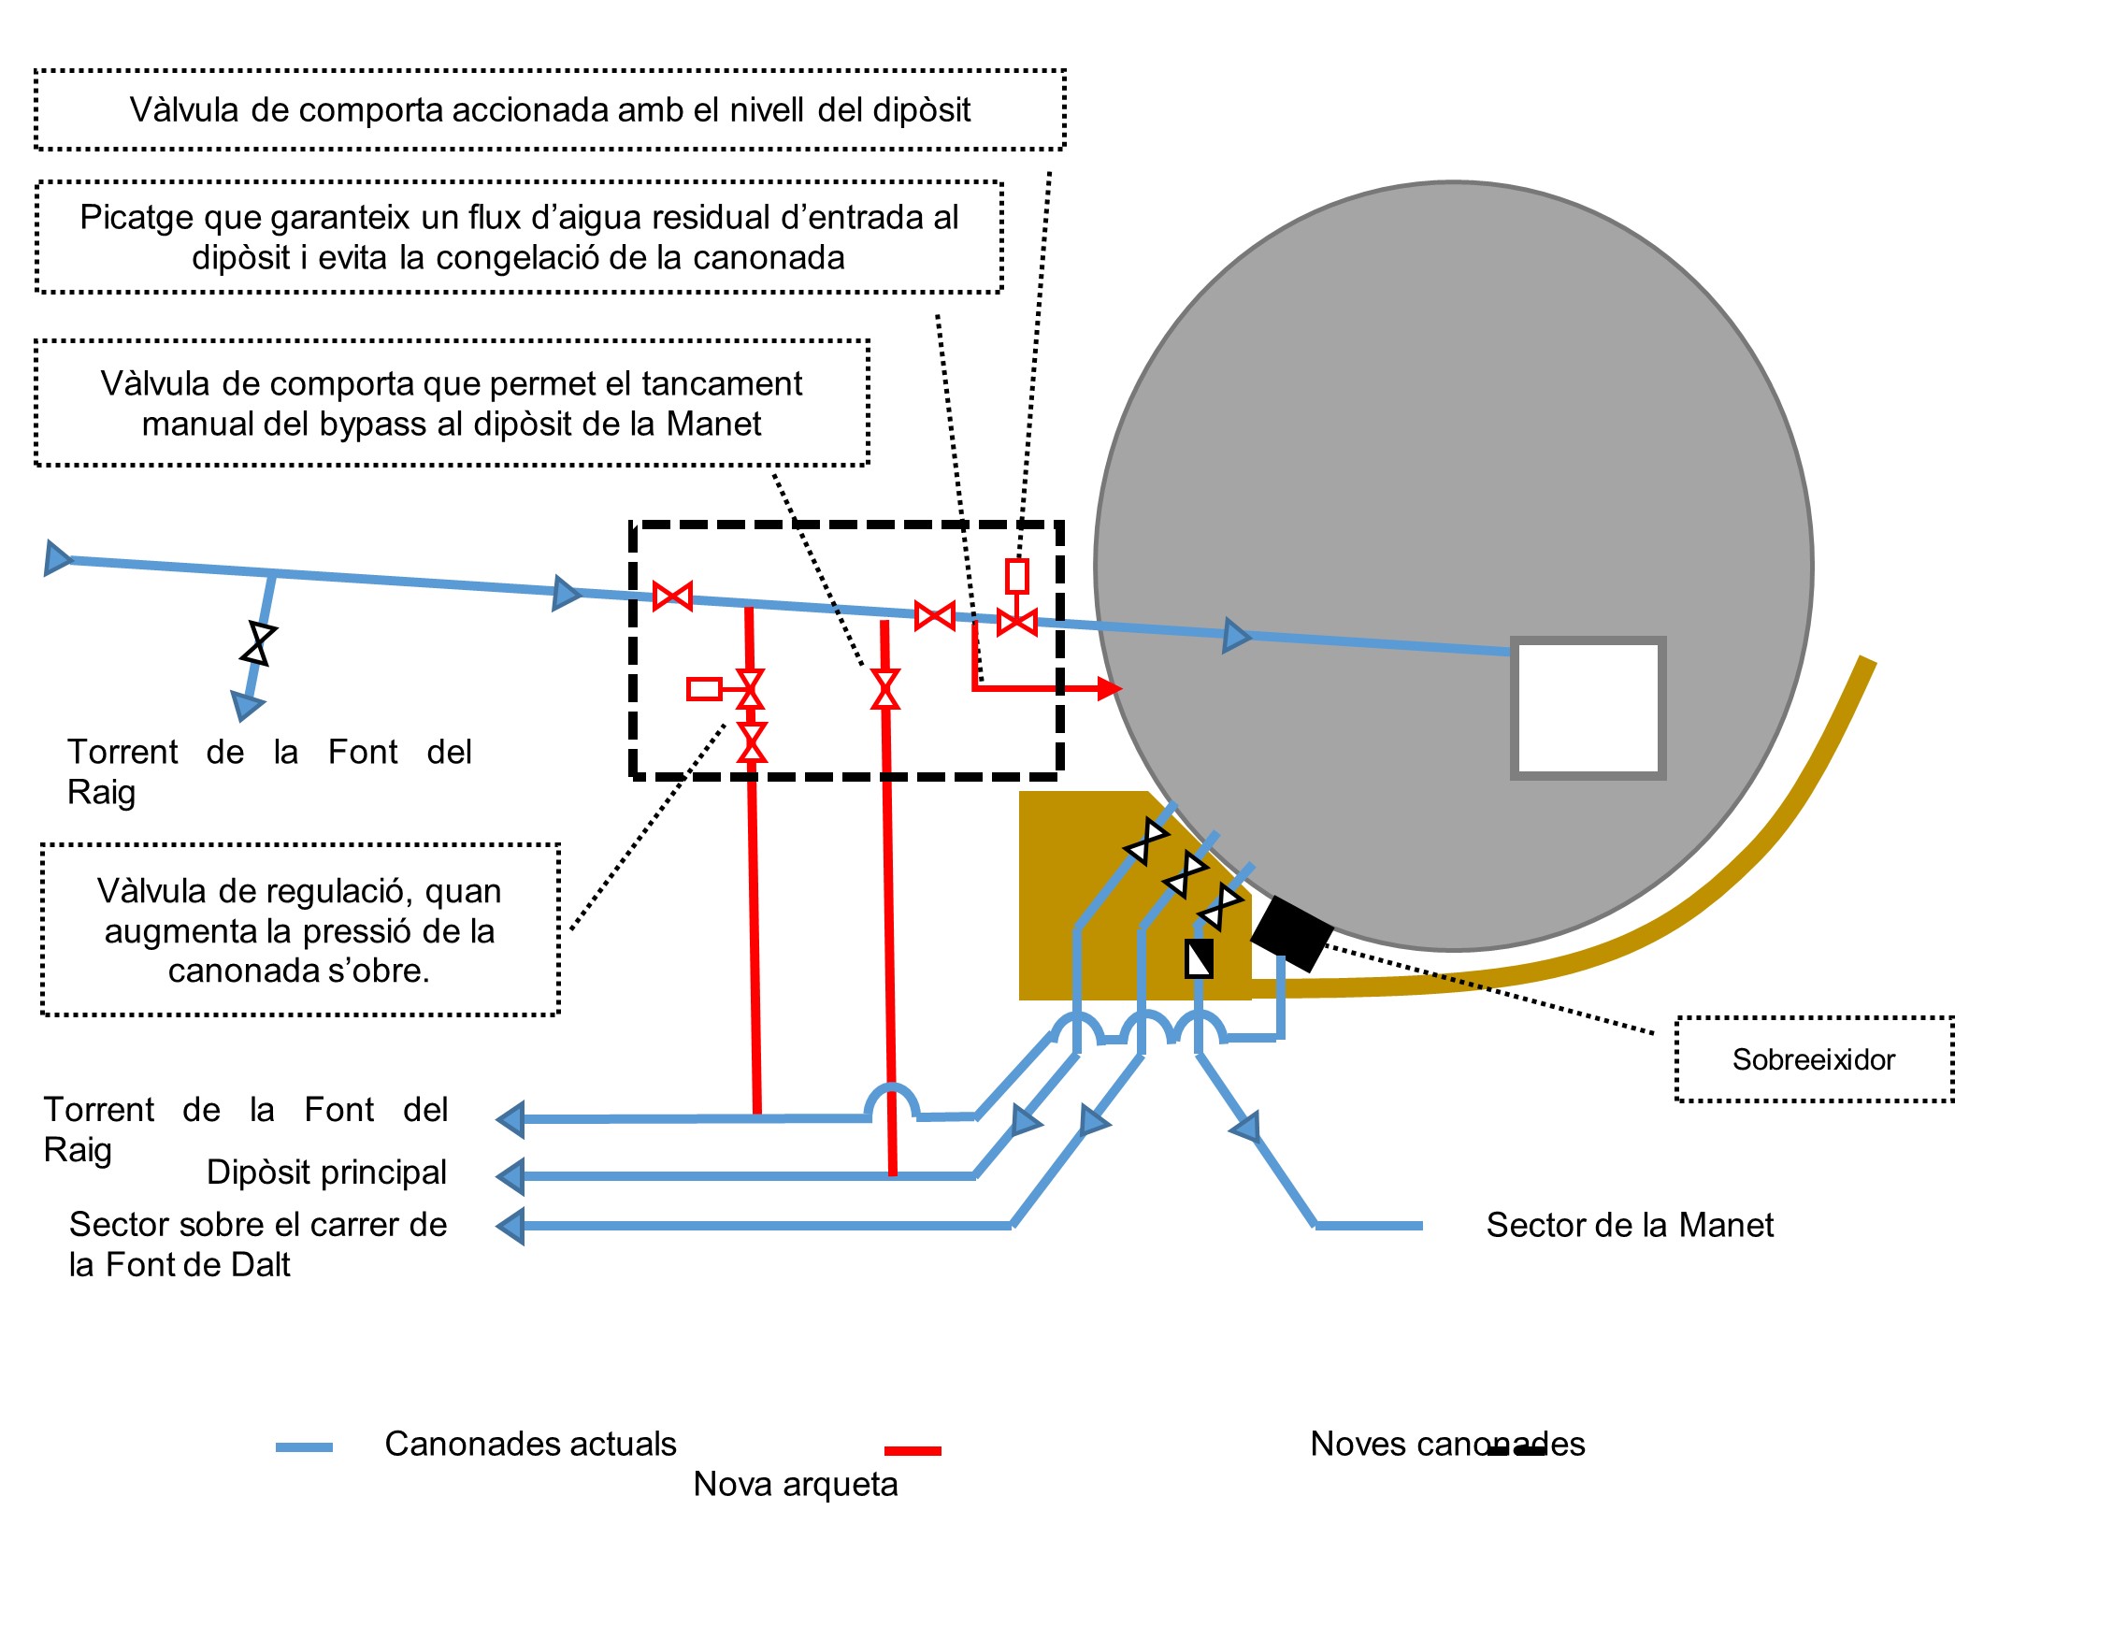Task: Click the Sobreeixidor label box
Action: (1813, 1058)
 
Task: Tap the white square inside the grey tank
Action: (1587, 707)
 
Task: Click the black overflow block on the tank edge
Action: (1291, 933)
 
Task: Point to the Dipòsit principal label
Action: (326, 1172)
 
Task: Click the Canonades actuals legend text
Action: (530, 1443)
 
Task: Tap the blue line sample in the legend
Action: (304, 1446)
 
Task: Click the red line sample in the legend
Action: (913, 1450)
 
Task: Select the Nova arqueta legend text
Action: (796, 1483)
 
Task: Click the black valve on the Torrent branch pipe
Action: (258, 643)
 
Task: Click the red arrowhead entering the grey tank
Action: (1110, 688)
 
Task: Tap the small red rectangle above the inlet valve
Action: (1016, 576)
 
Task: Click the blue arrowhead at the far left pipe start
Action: (58, 558)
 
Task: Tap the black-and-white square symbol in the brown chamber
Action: (1199, 957)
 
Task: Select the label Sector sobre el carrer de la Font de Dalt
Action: (257, 1244)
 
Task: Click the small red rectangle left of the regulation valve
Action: (703, 689)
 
